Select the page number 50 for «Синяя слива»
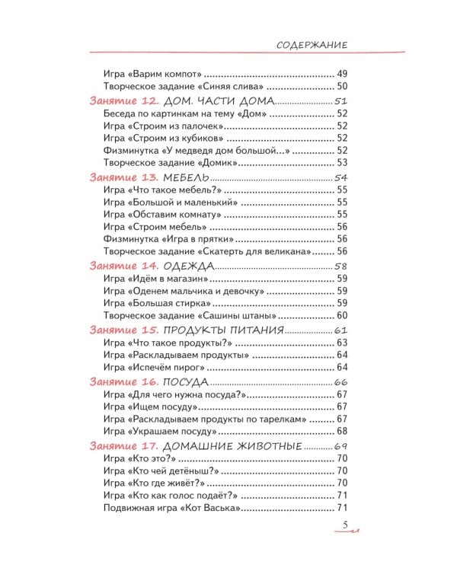point(342,88)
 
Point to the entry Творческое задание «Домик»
point(171,163)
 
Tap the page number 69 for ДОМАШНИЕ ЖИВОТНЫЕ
point(340,446)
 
